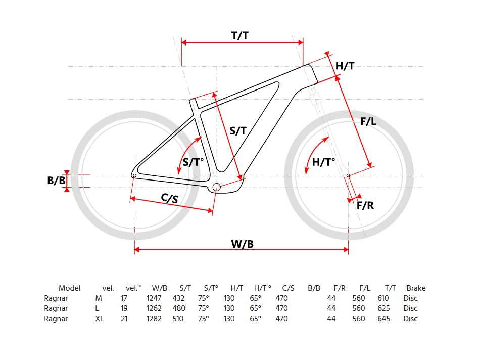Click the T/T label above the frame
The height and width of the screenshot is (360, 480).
pos(240,35)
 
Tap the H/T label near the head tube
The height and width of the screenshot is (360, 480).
pos(345,66)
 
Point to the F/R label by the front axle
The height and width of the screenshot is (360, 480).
pos(365,205)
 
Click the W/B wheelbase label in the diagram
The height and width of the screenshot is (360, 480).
pos(242,244)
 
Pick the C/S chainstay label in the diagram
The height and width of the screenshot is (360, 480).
pos(169,199)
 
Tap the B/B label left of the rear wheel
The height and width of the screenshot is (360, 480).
pos(57,181)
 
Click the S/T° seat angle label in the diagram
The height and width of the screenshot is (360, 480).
pos(193,162)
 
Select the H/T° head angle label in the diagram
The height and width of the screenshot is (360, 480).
pos(324,162)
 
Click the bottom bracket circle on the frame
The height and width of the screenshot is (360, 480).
pos(217,187)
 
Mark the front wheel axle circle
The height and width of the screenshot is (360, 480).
pos(349,175)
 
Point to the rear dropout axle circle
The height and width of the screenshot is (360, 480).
pos(134,175)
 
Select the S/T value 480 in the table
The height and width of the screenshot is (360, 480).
pos(179,308)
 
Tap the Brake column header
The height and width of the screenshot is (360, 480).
pos(415,288)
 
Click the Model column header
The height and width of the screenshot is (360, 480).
pos(70,288)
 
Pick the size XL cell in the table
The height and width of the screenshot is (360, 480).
pos(100,319)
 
